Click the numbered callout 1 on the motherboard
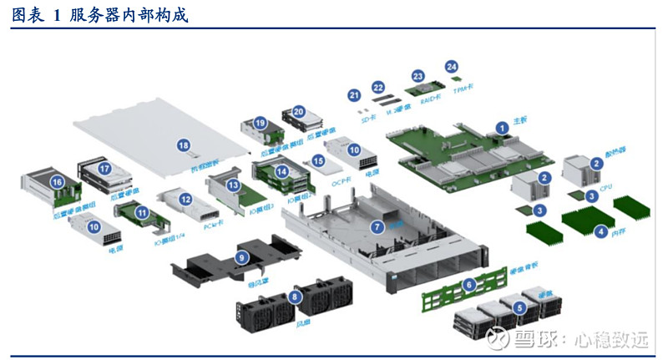point(502,128)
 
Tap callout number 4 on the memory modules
point(600,231)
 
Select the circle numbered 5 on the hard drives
point(520,307)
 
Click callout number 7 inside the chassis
point(377,226)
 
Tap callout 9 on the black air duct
point(241,258)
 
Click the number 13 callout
point(234,184)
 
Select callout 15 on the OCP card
point(317,160)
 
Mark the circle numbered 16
point(57,181)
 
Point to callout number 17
point(104,168)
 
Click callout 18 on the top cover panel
point(184,145)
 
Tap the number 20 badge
point(298,110)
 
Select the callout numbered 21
point(354,96)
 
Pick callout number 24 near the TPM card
point(452,66)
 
